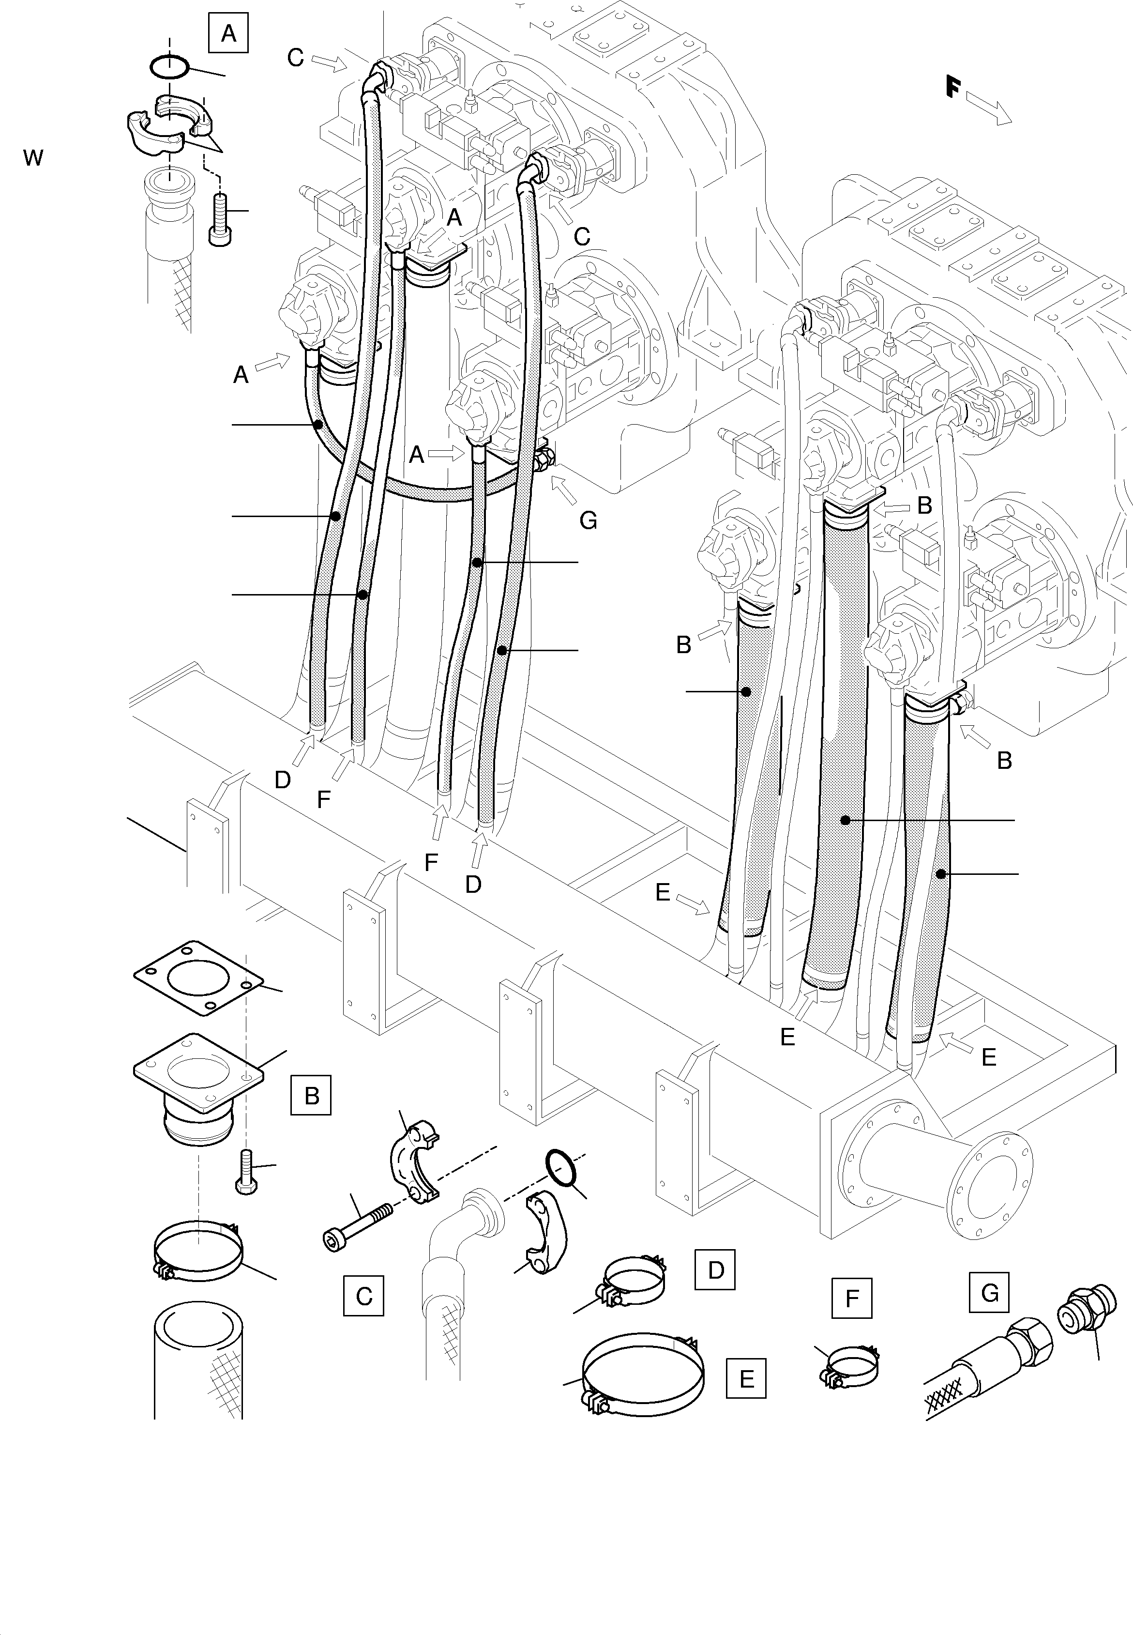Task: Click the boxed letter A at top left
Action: coord(228,33)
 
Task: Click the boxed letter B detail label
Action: coord(311,1096)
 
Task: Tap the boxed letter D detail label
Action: coord(715,1269)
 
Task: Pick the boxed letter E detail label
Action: coord(746,1378)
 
